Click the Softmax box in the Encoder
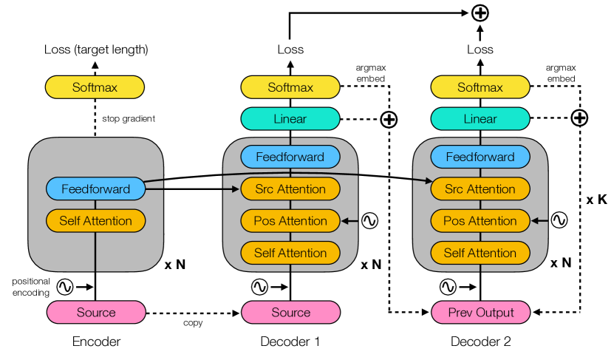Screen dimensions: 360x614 pos(95,87)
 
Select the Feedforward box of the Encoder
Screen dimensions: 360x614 pos(95,189)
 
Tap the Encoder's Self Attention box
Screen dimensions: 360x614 pos(95,220)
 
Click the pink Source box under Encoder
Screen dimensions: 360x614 pos(95,312)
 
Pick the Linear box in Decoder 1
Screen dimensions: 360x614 pos(290,119)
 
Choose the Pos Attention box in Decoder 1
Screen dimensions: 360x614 pos(290,220)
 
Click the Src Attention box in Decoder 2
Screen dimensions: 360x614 pos(480,189)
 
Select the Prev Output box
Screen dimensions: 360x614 pos(480,312)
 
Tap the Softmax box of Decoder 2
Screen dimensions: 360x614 pos(480,87)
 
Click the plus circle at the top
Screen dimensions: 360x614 pos(480,13)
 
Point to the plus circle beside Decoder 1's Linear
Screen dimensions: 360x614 pos(389,119)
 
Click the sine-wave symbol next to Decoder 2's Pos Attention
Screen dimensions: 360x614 pos(559,220)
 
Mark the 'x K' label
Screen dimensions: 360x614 pos(596,200)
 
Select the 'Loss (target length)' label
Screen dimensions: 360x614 pos(96,50)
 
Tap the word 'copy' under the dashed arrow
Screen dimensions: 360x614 pos(193,323)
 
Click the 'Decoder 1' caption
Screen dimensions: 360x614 pos(290,342)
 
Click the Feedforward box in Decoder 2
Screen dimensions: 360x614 pos(480,157)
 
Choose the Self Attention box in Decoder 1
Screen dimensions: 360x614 pos(290,253)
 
